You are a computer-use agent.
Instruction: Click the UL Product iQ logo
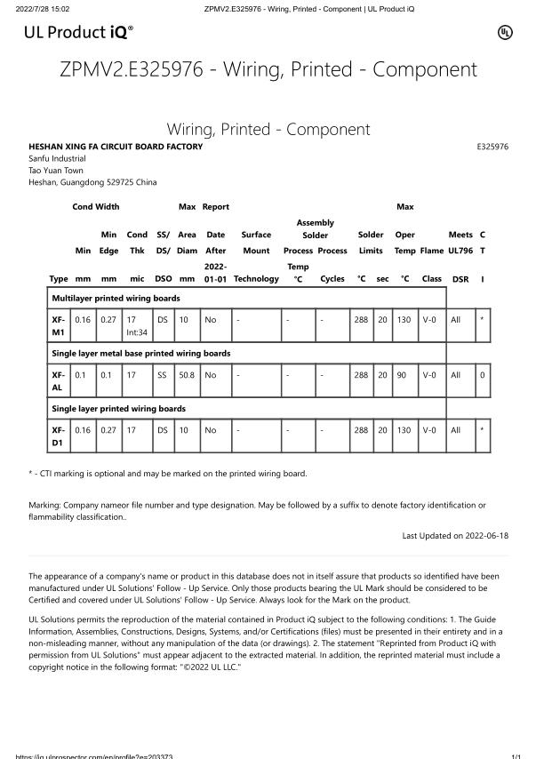point(79,34)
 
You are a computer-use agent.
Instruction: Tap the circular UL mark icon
point(504,33)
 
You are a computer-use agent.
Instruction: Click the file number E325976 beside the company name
point(492,147)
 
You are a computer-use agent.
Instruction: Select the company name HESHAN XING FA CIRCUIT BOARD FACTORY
point(116,147)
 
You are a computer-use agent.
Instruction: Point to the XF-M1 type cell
point(59,325)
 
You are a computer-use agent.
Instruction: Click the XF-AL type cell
point(59,381)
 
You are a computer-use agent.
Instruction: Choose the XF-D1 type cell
point(59,436)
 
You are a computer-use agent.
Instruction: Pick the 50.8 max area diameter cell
point(186,375)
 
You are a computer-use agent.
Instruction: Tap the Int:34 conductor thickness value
point(137,332)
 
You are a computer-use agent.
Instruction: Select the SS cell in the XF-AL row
point(162,375)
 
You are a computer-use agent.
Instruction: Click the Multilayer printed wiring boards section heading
point(116,298)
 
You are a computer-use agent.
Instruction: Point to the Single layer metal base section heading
point(141,353)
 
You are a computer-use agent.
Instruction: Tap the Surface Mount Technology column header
point(256,257)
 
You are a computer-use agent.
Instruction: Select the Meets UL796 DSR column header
point(460,257)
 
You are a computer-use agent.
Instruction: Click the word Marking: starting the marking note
point(45,505)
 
